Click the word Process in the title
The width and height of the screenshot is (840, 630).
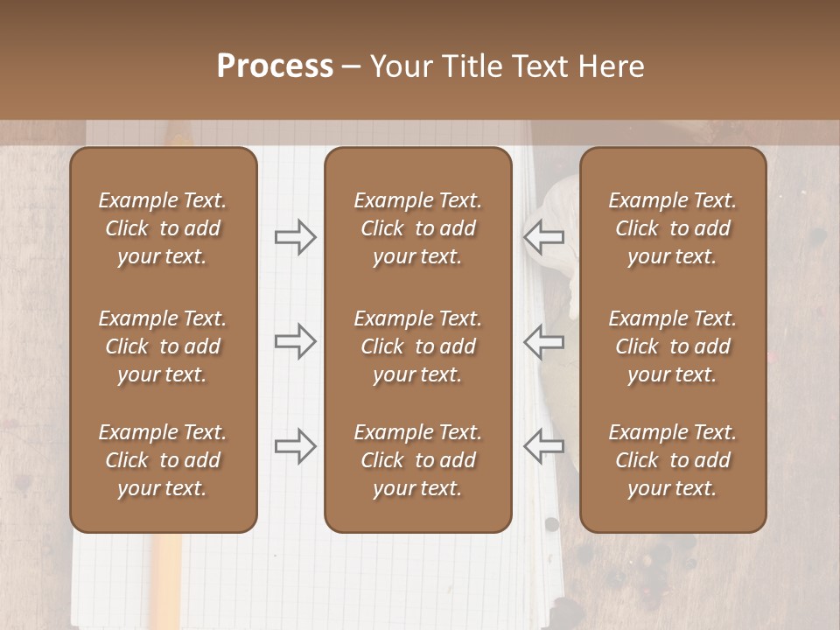[x=275, y=66]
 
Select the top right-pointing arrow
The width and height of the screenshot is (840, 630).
[x=296, y=236]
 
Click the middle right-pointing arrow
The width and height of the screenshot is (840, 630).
[x=296, y=341]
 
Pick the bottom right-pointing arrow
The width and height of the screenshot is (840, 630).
[x=296, y=446]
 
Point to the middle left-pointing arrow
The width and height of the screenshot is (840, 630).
[x=543, y=341]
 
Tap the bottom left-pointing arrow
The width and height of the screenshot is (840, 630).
[x=543, y=446]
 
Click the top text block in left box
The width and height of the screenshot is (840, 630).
[x=163, y=228]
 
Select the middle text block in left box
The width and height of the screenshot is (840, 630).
[x=163, y=346]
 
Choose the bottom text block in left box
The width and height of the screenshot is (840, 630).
[x=163, y=460]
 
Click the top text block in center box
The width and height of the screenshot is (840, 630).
[x=417, y=228]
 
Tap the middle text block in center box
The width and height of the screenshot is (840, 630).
[x=417, y=346]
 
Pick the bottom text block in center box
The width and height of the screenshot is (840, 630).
[x=417, y=460]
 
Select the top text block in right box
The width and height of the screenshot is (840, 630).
[x=673, y=228]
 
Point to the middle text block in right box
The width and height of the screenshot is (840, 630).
[x=673, y=346]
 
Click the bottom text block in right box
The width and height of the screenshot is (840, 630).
[x=673, y=460]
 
